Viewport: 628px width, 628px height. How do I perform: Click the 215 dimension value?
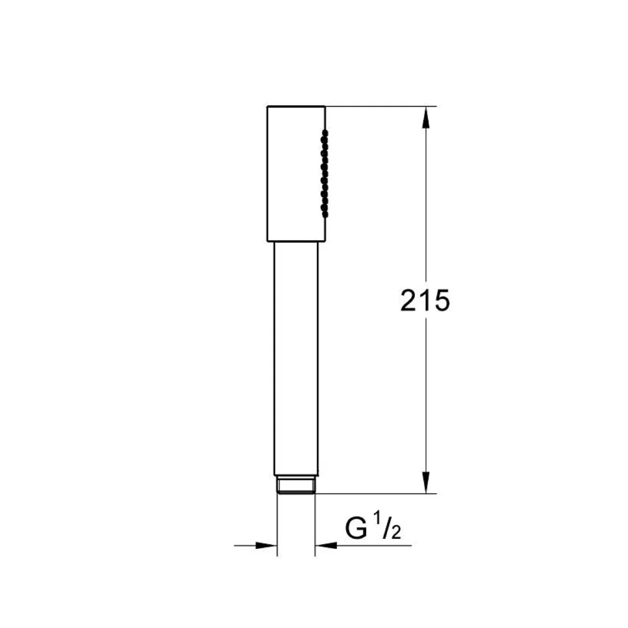(425, 300)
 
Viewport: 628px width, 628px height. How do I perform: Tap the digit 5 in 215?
(442, 300)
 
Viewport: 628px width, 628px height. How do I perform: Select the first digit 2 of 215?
(409, 300)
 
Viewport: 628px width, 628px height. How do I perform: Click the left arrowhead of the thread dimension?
(266, 545)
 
